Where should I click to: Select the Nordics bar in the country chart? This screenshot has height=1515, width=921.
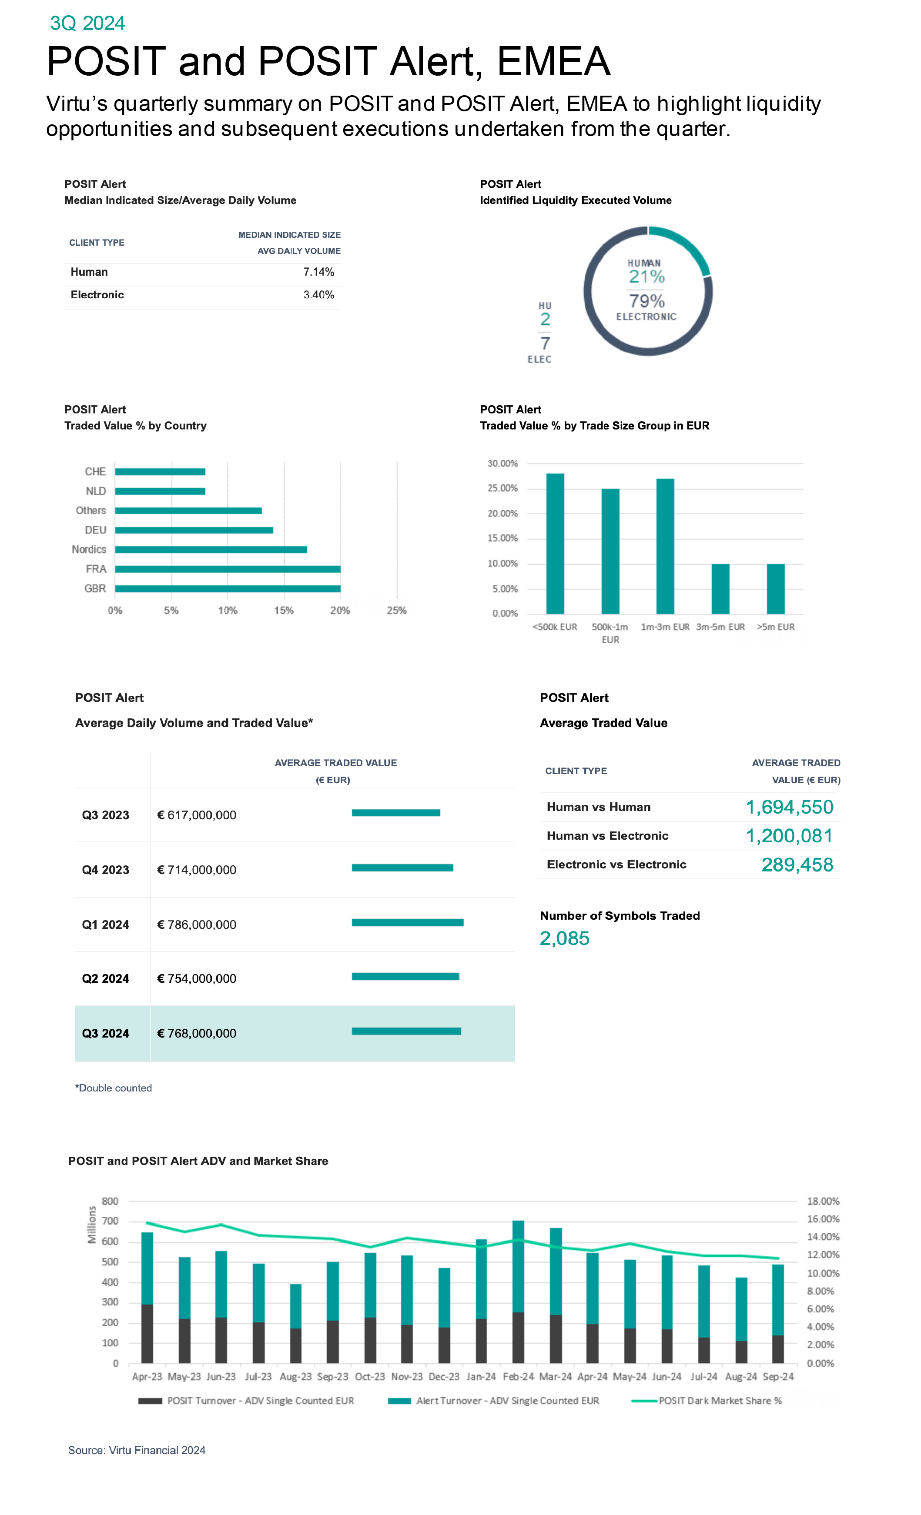211,549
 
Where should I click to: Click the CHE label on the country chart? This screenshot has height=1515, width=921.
95,472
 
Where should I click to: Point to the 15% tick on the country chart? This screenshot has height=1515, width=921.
284,611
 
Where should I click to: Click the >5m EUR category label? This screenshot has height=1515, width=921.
775,627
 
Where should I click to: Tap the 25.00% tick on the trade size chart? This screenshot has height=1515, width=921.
502,488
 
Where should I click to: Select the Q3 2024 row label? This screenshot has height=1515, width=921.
105,1034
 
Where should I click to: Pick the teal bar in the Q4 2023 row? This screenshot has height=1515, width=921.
402,868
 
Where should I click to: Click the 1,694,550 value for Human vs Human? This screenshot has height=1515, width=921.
789,808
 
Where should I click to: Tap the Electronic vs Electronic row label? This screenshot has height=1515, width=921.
616,864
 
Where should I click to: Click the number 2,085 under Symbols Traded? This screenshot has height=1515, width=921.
564,939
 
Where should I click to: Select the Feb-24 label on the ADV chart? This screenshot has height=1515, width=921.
518,1377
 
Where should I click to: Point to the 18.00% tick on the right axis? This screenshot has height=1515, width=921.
823,1201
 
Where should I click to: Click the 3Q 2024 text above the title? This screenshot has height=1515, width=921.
87,23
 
